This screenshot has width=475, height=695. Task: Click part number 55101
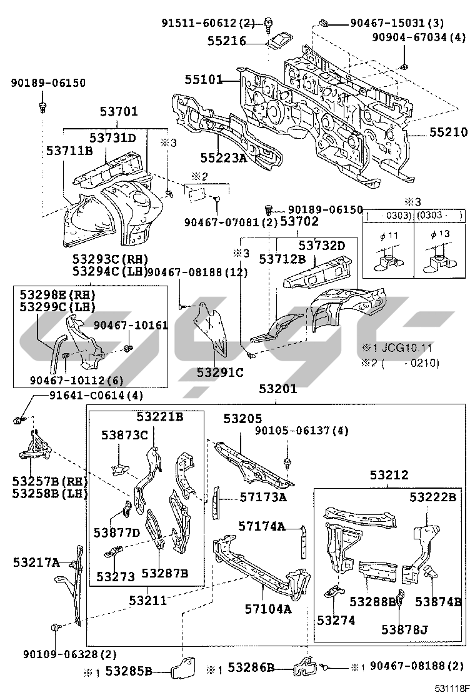coord(203,80)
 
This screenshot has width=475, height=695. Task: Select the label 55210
coord(447,133)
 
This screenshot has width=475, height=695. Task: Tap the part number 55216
coord(227,42)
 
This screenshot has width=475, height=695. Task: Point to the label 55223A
coord(223,159)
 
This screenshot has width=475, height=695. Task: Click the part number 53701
coord(119,112)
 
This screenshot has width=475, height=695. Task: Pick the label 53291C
coord(220,372)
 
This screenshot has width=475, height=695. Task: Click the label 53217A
coord(36,562)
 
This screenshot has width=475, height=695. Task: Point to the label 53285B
coord(129,671)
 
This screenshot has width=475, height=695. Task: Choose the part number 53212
coord(389,475)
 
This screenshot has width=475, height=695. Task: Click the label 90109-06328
coord(62,654)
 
